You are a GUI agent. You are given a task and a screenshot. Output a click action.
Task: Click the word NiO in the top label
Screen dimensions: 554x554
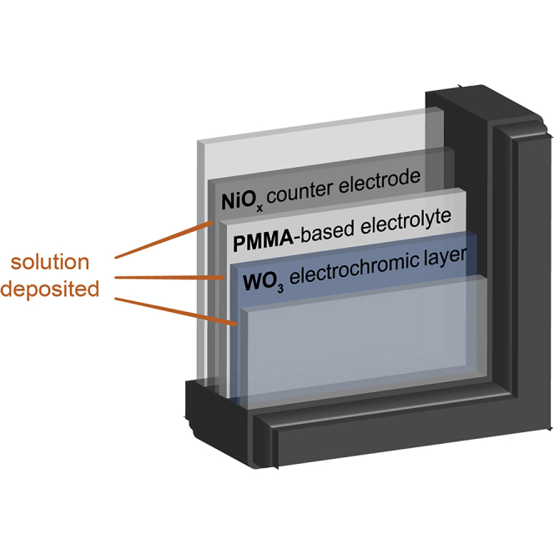click(237, 200)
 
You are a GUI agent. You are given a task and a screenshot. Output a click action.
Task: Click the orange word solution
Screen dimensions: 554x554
click(49, 262)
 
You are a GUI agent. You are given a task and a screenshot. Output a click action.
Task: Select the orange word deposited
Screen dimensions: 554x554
click(54, 289)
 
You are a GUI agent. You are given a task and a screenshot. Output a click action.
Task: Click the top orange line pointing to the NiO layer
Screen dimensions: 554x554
click(164, 239)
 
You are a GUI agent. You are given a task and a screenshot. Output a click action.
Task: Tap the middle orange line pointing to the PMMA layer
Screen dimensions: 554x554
click(168, 278)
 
